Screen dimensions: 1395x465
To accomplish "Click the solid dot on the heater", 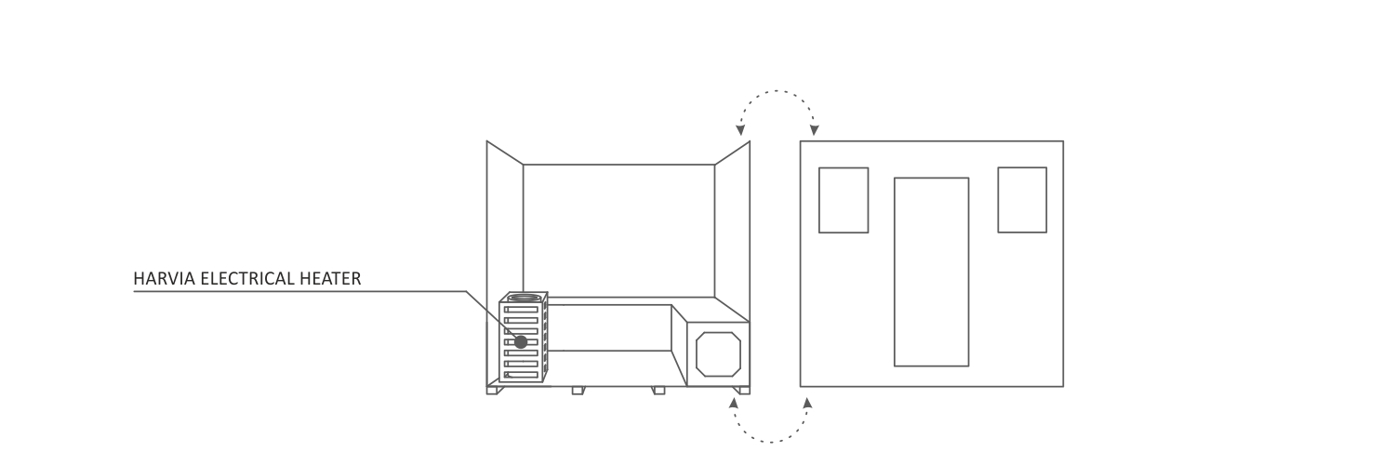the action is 521,341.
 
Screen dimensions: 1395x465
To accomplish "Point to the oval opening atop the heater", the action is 524,297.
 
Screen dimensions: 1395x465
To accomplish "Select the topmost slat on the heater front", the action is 521,310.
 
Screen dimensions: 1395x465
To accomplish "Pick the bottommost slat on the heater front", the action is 521,375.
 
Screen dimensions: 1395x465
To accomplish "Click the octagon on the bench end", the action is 718,354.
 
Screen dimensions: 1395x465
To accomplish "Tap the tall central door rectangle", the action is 931,272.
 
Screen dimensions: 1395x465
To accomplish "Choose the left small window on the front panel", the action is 844,200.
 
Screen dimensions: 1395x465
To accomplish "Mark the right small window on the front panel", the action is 1022,199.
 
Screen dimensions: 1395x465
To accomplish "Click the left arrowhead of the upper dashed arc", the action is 740,130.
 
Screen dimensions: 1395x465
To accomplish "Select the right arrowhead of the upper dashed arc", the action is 814,130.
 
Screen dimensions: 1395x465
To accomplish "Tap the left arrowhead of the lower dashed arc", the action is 734,403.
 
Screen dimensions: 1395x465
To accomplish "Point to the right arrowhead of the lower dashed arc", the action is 808,403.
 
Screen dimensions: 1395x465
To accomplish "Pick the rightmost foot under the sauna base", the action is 742,391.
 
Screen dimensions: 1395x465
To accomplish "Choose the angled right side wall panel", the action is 733,231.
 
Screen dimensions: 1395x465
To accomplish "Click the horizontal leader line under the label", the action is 299,291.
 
